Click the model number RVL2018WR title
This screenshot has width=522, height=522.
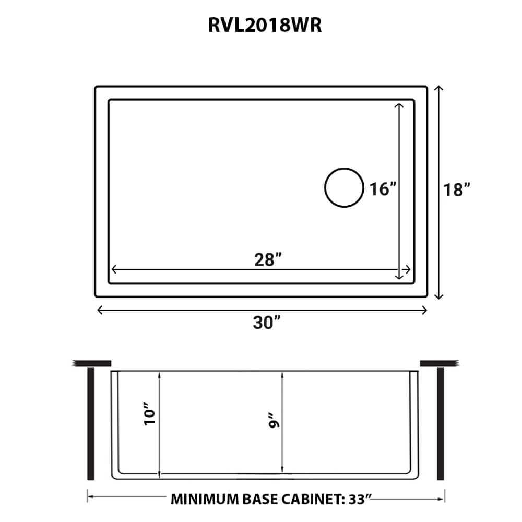click(x=260, y=26)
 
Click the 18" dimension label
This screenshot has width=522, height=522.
click(x=459, y=189)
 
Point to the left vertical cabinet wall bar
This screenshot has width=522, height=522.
click(x=91, y=424)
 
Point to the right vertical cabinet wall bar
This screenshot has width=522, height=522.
click(x=440, y=424)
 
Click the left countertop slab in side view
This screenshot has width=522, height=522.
click(x=93, y=363)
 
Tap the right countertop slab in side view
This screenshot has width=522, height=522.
click(x=438, y=363)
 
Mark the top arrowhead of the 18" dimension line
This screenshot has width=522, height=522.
click(x=439, y=89)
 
